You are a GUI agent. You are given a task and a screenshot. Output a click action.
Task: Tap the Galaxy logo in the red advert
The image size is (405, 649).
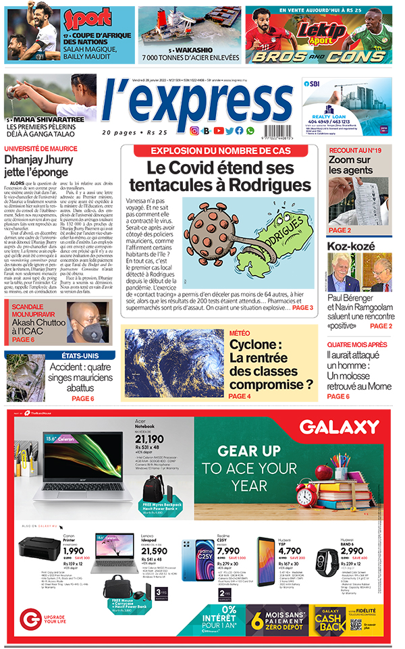pos(340,427)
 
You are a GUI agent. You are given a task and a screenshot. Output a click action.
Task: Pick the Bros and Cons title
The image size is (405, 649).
pos(318,57)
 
